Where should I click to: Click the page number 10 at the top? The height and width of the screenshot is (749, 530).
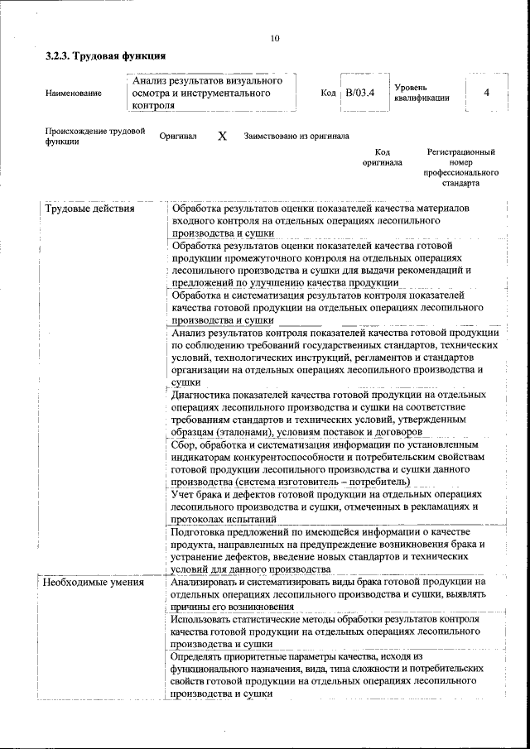[x=275, y=38]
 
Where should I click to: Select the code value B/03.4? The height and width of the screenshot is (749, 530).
[x=361, y=92]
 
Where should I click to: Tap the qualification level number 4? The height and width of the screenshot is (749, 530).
[x=487, y=92]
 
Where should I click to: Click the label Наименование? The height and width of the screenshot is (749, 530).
[x=74, y=93]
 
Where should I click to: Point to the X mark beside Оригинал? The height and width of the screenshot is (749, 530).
[x=222, y=136]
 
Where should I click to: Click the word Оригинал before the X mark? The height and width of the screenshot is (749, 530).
[x=178, y=136]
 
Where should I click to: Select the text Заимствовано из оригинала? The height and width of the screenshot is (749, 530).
[x=296, y=136]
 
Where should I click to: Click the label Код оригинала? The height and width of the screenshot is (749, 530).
[x=382, y=157]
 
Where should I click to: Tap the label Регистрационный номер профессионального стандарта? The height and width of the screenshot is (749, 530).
[x=461, y=168]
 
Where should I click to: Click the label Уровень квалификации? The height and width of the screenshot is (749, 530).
[x=422, y=92]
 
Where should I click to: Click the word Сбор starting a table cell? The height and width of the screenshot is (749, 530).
[x=184, y=444]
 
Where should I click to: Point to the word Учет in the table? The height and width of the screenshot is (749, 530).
[x=184, y=494]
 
